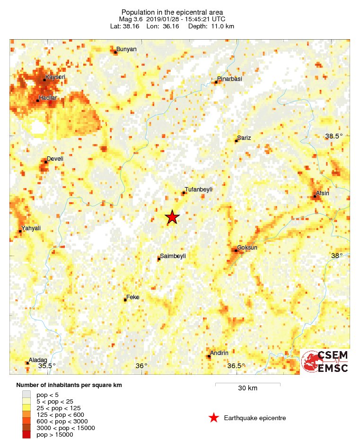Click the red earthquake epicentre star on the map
tap(172, 217)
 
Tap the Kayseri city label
tap(55, 77)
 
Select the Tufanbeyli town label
tap(198, 189)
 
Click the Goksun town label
tap(247, 247)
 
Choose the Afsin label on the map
tap(322, 193)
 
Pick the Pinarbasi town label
tap(229, 79)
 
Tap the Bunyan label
tap(126, 49)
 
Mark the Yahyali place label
tap(31, 228)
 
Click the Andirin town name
tap(219, 353)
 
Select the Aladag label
tap(38, 360)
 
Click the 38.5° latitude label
tap(334, 136)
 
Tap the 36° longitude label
tap(141, 365)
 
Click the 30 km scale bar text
tap(247, 388)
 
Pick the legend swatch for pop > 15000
tap(26, 434)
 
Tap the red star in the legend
tap(214, 418)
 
